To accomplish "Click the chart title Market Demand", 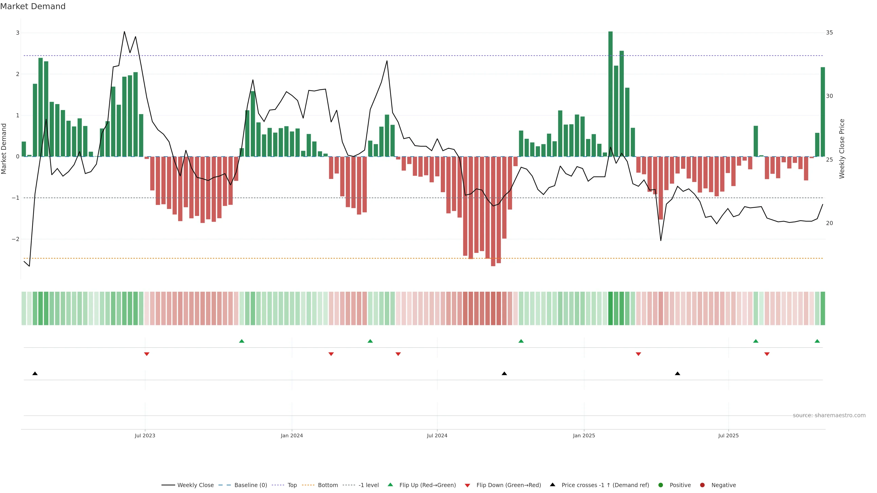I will (33, 6).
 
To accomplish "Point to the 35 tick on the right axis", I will (829, 33).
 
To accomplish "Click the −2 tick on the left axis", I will (16, 239).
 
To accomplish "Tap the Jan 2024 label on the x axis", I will (292, 435).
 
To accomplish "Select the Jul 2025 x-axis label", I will (729, 435).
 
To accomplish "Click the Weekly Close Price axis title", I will (842, 149).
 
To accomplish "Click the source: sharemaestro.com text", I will (829, 415).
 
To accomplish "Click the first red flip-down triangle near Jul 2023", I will (147, 354).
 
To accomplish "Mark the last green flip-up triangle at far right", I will (817, 341).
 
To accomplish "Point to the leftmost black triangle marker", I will (35, 374).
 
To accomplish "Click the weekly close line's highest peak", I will (124, 32).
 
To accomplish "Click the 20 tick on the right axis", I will (829, 223).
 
